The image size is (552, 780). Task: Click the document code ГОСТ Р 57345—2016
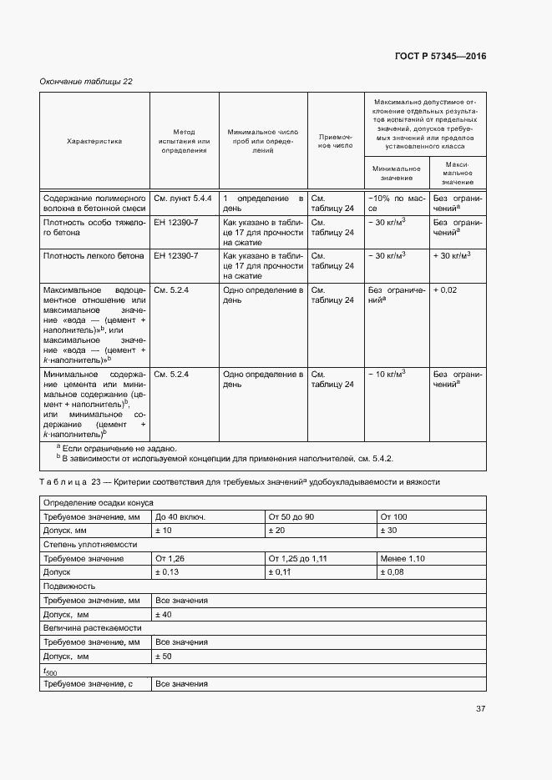click(440, 57)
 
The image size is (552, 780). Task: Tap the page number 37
click(481, 709)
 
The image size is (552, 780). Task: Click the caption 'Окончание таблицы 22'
click(86, 81)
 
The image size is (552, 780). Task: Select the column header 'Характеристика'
click(94, 141)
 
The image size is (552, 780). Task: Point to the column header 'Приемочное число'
click(337, 141)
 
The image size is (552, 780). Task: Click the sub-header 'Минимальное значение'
click(397, 174)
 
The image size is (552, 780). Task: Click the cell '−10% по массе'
click(397, 204)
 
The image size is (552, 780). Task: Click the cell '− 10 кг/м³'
click(387, 374)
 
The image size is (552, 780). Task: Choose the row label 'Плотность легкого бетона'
click(94, 256)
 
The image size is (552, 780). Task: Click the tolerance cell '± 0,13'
click(167, 572)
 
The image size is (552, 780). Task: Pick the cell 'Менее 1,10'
click(403, 558)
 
